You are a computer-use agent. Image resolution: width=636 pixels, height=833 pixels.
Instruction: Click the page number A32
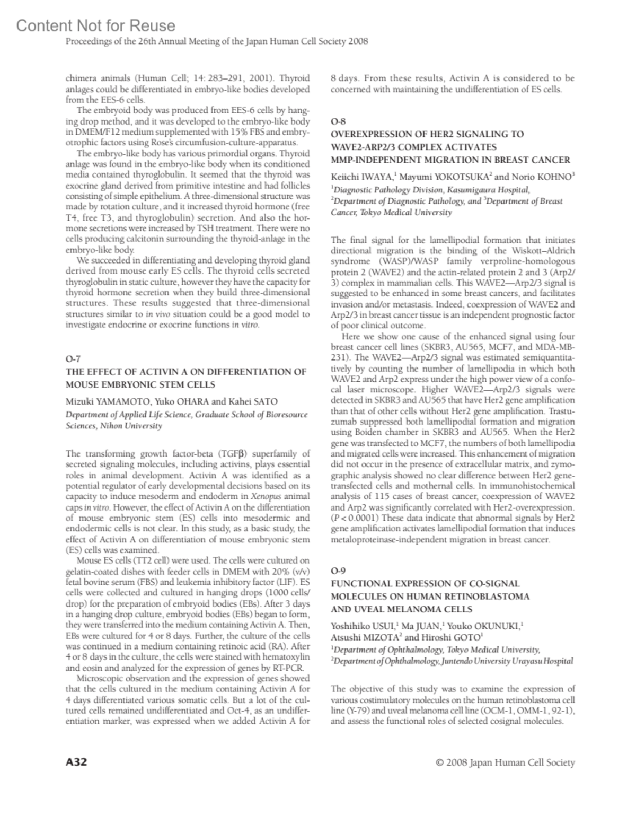76,762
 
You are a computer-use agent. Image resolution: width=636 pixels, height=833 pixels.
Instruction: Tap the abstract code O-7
73,359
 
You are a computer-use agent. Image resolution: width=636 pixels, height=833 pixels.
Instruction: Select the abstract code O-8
338,121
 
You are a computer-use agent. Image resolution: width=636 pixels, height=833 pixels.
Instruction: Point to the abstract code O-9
338,571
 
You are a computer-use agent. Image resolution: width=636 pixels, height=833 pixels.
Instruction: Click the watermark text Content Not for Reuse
95,25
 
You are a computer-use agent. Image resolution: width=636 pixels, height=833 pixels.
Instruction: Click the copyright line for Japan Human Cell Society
505,762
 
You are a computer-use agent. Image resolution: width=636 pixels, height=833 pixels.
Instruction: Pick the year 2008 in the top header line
358,41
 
